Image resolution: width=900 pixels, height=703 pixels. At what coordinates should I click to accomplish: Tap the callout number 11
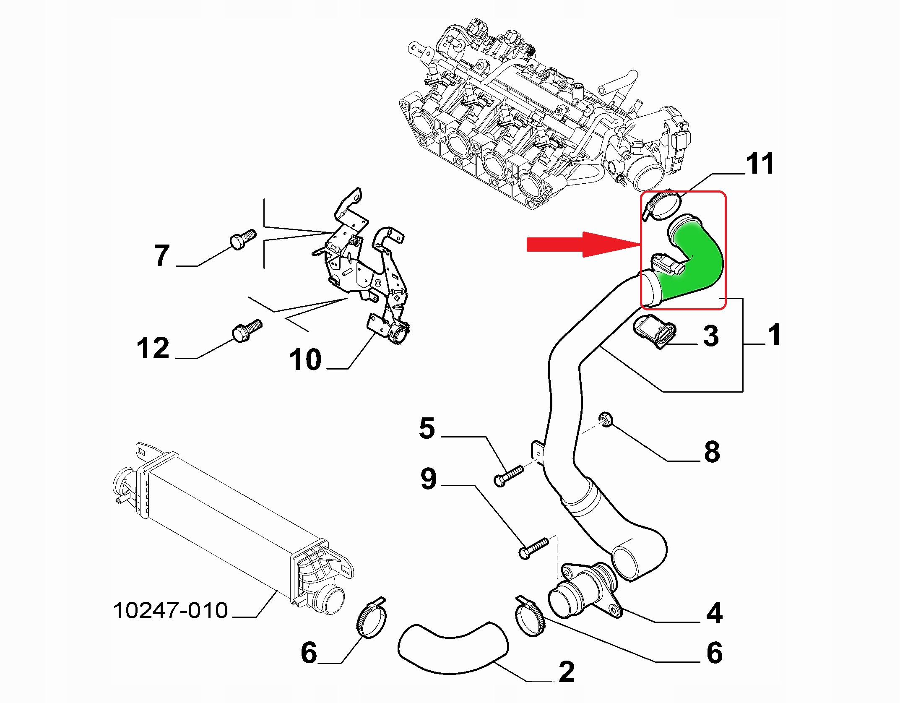(760, 164)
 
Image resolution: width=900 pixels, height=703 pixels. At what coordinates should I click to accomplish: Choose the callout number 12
(153, 348)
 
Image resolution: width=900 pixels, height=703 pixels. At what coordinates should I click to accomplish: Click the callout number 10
(306, 359)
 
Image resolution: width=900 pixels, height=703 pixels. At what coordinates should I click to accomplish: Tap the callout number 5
(427, 428)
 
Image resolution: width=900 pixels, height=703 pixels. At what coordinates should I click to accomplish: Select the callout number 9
(429, 479)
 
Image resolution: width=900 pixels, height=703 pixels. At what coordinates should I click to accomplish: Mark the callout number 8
(712, 451)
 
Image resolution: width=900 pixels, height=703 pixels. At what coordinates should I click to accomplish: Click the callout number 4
(714, 613)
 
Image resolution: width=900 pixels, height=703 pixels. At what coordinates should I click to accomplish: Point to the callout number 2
(567, 672)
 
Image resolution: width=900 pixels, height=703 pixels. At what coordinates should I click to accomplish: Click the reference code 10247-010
(170, 610)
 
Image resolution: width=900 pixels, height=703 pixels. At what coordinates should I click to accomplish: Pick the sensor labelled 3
(655, 331)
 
